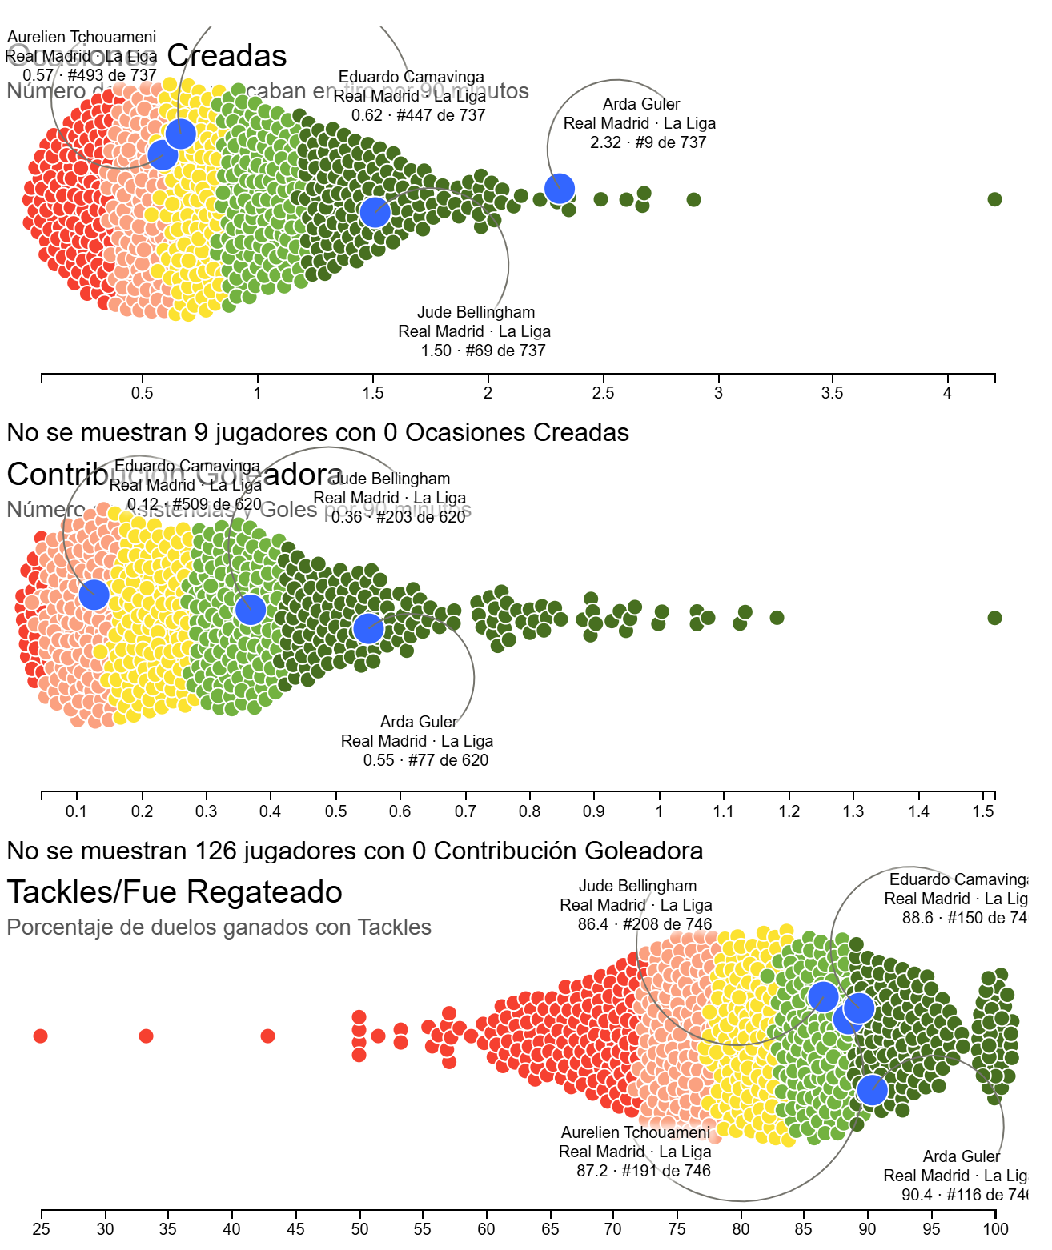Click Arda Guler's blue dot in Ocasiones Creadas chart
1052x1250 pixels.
560,188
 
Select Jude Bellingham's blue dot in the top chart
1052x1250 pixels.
375,212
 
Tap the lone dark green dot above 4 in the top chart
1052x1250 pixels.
994,199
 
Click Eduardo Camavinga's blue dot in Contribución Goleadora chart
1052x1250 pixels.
94,595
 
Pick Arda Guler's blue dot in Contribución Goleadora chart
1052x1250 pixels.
368,629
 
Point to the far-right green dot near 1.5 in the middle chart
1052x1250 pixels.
994,618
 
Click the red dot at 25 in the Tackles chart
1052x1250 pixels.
41,1036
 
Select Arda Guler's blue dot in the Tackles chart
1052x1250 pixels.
873,1090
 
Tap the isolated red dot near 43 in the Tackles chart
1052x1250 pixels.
268,1036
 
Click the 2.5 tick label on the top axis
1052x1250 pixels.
603,393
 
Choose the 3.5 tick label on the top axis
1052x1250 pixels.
833,393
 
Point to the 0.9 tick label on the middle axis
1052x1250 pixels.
594,811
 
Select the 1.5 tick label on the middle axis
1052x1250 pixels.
983,811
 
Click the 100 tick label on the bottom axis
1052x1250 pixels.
996,1229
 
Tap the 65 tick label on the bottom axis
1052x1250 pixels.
551,1229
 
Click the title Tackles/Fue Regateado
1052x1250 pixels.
175,892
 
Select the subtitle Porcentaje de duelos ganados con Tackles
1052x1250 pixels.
219,927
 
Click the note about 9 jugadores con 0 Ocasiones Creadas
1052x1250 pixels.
318,433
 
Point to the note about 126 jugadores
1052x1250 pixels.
355,851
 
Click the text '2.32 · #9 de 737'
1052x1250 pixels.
648,142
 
